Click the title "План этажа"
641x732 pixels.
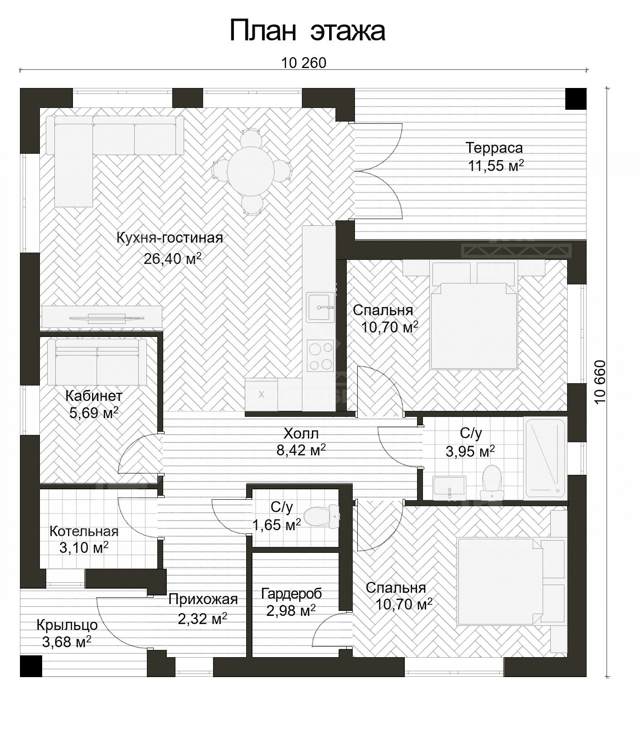(307, 31)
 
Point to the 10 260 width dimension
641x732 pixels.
(303, 63)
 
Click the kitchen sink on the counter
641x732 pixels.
(320, 307)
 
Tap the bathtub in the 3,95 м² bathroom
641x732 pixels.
(545, 458)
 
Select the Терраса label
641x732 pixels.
(494, 148)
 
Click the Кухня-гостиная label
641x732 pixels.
(170, 238)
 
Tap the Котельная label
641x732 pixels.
(84, 531)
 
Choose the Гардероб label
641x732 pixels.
(291, 593)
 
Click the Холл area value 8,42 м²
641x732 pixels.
(301, 450)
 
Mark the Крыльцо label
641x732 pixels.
(67, 625)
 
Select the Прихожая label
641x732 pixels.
(203, 599)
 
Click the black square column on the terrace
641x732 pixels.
(576, 98)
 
